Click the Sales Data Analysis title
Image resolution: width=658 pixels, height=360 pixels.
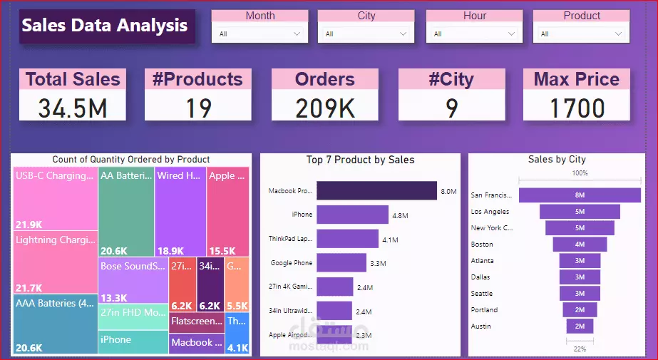(106, 26)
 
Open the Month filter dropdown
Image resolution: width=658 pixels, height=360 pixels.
(259, 34)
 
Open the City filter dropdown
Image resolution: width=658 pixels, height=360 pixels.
(366, 34)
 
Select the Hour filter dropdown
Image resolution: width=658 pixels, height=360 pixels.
(475, 34)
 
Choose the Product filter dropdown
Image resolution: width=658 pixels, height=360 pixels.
(582, 34)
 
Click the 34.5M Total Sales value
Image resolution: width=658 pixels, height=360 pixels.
(73, 108)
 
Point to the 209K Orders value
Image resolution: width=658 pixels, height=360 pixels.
(325, 108)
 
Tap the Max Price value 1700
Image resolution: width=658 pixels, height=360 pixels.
(577, 108)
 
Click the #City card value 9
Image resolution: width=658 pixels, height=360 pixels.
(451, 108)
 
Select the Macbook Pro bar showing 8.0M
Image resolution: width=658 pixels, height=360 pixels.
(376, 191)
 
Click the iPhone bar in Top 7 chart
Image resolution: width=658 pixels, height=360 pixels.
(352, 215)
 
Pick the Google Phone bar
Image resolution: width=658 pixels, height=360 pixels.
(341, 263)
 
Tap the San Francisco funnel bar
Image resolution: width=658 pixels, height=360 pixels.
(580, 195)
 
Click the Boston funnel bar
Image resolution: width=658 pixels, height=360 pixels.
(580, 245)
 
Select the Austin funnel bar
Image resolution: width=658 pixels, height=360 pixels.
(580, 326)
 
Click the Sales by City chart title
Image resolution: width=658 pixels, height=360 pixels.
(557, 160)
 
